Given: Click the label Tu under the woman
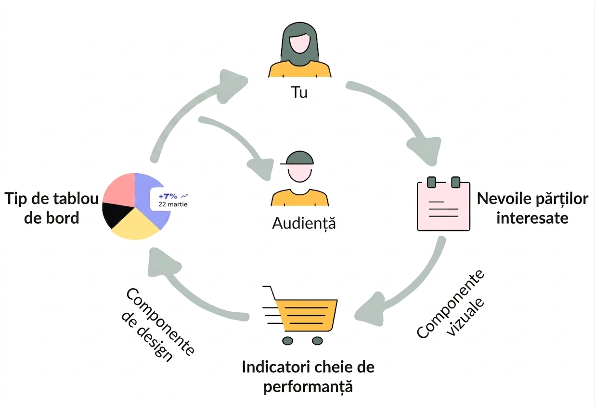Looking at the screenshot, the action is click(299, 92).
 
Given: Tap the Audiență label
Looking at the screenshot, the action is click(304, 223).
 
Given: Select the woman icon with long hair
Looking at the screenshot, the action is click(299, 50).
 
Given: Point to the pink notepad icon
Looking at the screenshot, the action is click(443, 204).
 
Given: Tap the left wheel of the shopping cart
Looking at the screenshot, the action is click(288, 341).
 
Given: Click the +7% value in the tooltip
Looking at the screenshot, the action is click(168, 196).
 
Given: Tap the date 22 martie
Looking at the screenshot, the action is click(173, 204).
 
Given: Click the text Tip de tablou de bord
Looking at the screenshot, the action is click(52, 208).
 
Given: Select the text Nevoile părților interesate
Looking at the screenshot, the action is click(532, 208).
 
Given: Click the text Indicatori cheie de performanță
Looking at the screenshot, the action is click(308, 377).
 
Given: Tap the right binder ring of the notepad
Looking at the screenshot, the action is click(456, 182).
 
